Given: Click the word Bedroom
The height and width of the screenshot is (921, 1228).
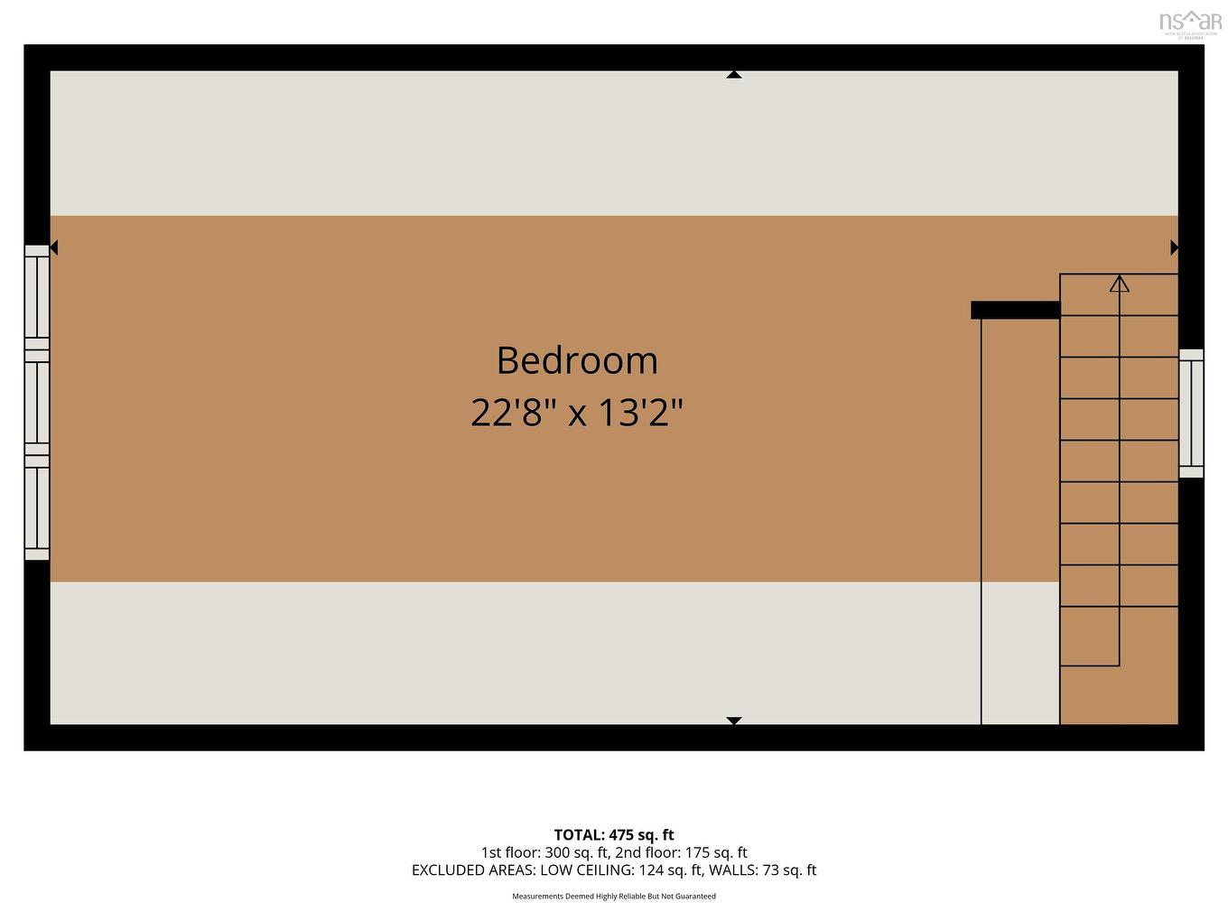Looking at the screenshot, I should click(x=577, y=360).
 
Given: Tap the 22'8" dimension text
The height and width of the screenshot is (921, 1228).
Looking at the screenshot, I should click(x=512, y=414).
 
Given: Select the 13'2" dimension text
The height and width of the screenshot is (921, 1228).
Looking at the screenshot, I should click(x=640, y=414).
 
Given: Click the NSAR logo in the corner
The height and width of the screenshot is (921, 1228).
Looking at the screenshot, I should click(x=1189, y=23).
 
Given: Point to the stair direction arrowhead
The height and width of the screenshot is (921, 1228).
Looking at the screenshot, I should click(x=1120, y=284).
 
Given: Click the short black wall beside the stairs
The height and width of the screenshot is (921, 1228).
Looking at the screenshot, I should click(x=1015, y=310).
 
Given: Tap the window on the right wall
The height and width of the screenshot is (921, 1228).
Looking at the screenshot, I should click(x=1191, y=413).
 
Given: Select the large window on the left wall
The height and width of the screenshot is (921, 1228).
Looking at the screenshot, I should click(x=37, y=403).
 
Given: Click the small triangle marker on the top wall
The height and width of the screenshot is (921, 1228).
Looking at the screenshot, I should click(x=734, y=75).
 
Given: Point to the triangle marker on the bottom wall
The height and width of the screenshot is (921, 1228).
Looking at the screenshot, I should click(x=734, y=721).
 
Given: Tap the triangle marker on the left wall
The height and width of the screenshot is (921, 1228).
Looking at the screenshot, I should click(x=53, y=247).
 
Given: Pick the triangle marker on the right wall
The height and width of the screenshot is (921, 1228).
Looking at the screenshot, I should click(x=1174, y=247).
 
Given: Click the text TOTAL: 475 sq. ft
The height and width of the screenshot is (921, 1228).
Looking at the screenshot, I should click(x=614, y=835).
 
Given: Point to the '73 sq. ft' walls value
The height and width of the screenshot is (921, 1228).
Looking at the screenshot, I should click(x=786, y=870).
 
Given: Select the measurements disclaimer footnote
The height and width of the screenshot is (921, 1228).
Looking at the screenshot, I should click(x=614, y=897).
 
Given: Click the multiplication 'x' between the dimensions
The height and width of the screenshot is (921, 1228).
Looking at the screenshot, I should click(x=576, y=415).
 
